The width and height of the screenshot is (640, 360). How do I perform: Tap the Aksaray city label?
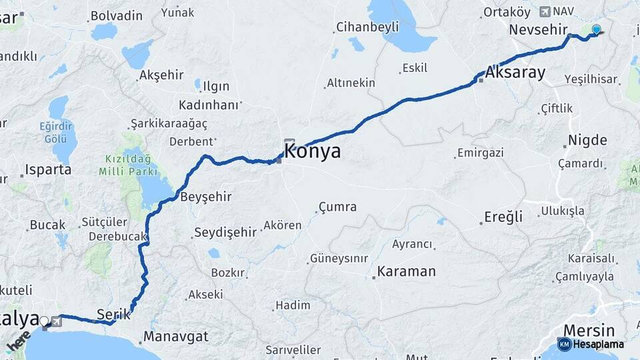point(516,73)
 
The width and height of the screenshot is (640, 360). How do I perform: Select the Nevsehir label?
point(537,30)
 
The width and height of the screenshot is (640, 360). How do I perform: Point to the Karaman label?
point(406,271)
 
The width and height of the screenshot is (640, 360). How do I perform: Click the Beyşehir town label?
point(206,197)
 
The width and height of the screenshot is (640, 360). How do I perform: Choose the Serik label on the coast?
point(113,313)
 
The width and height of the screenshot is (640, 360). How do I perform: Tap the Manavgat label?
point(175,336)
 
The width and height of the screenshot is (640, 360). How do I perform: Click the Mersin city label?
point(589,330)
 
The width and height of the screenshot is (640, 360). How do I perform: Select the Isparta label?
point(48,169)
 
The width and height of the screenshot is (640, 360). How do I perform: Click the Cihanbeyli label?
point(367,27)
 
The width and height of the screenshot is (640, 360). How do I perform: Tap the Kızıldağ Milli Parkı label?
point(128,165)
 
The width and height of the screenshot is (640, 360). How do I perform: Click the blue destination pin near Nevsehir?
point(595,29)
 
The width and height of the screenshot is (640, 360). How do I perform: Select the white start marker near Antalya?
point(45,321)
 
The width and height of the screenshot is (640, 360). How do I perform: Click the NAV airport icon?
point(545,11)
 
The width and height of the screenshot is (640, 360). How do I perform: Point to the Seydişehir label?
point(225,233)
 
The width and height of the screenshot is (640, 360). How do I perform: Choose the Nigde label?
point(587,140)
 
